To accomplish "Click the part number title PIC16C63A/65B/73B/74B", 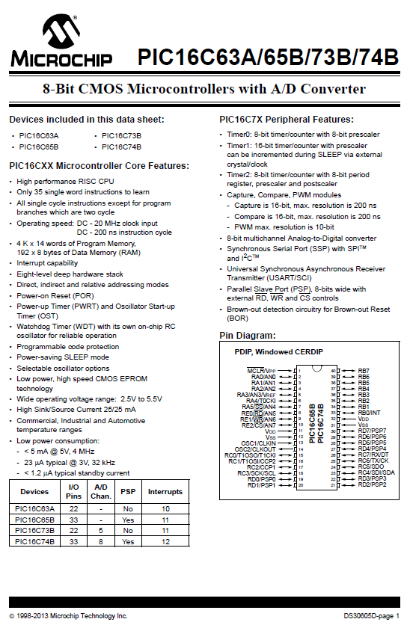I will tap(267, 57).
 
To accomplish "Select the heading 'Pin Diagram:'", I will tap(248, 335).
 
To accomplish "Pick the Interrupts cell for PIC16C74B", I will tap(165, 541).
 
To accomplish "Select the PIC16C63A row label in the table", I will tap(34, 508).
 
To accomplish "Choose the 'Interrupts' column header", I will tap(165, 492).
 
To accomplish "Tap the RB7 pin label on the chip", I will tap(364, 370).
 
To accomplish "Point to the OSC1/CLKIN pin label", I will tap(258, 443).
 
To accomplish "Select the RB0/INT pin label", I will tap(369, 413).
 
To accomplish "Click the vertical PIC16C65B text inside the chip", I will tap(312, 423).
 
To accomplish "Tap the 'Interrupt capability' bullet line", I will tap(47, 263).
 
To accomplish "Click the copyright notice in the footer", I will tap(68, 616).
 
